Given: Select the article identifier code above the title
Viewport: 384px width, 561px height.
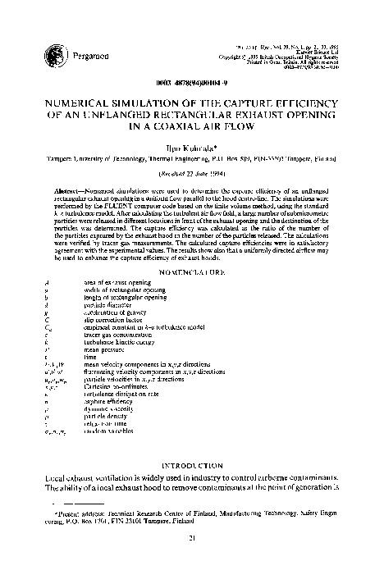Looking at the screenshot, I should [192, 84].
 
